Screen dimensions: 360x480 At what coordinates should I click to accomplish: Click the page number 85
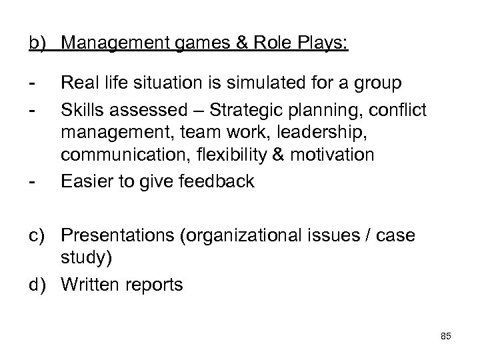click(x=446, y=337)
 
